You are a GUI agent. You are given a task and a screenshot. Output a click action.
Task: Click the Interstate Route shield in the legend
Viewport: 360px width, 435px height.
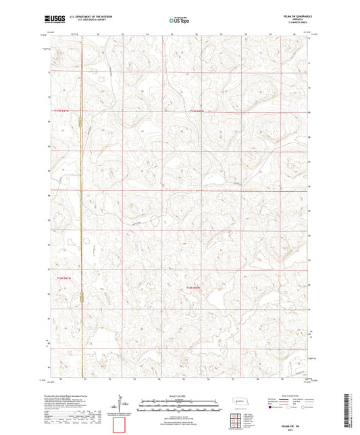274,407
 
